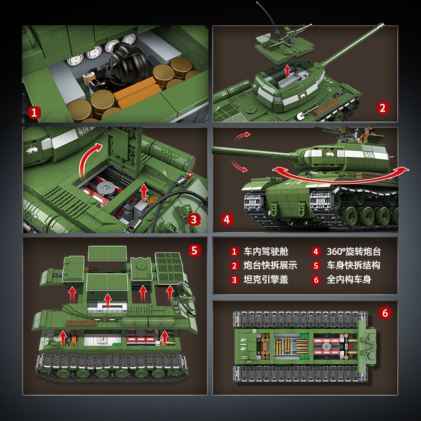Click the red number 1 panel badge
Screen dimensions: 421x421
[35, 113]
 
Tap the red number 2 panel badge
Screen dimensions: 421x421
[383, 108]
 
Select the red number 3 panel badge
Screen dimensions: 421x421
[194, 220]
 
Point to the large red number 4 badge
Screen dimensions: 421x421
[227, 219]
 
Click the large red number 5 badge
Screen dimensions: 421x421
[194, 250]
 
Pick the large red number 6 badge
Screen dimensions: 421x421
[385, 313]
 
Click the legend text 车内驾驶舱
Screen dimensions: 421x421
[266, 252]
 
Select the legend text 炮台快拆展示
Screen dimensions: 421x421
[270, 265]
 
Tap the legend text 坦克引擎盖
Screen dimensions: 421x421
[266, 279]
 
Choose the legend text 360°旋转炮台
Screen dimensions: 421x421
[354, 252]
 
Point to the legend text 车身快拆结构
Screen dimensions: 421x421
[353, 265]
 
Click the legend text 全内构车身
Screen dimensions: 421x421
[349, 279]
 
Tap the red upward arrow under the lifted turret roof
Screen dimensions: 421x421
[287, 71]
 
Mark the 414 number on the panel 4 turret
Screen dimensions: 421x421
[369, 155]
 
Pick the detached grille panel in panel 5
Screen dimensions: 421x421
[169, 268]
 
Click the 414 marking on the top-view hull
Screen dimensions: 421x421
[243, 345]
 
